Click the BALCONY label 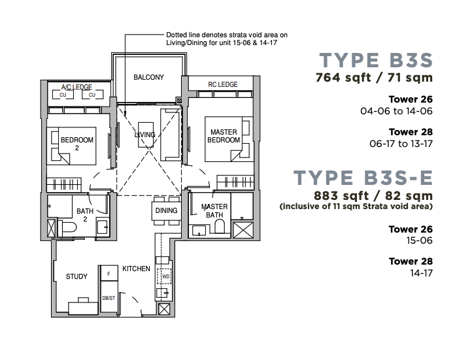tap(148, 77)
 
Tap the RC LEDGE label tap(222, 84)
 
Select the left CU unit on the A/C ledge tap(63, 95)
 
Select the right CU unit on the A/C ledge tap(92, 95)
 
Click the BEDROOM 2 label tap(77, 144)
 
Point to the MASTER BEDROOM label tap(224, 136)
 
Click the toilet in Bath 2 tap(67, 227)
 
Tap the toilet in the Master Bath tap(220, 226)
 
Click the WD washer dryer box tap(164, 276)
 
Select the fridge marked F tap(109, 273)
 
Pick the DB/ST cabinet tap(109, 297)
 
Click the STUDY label tap(76, 276)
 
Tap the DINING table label tap(166, 210)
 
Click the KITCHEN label tap(136, 269)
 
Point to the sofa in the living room tap(171, 135)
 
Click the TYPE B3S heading tap(376, 60)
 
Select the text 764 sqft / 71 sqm tap(374, 78)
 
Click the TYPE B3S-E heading tap(363, 178)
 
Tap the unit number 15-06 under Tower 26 tap(419, 240)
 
